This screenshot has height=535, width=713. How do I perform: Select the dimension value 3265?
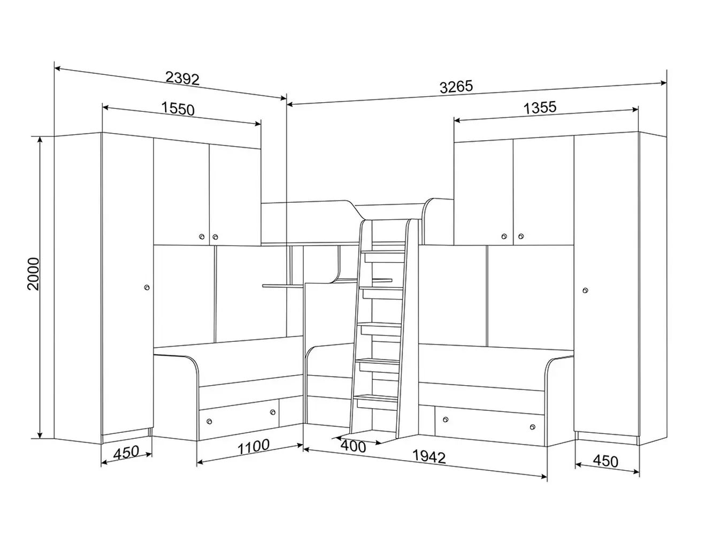tap(456, 87)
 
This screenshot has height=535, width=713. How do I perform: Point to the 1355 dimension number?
tap(540, 108)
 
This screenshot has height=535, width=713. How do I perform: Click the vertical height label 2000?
tap(34, 273)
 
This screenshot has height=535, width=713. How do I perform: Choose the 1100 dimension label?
tap(254, 447)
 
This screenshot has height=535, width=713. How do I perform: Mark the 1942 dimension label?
tap(429, 457)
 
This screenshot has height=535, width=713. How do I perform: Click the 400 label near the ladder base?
tap(353, 447)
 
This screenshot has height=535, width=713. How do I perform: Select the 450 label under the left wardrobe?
tap(126, 452)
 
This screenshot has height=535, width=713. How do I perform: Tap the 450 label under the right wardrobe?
tap(605, 461)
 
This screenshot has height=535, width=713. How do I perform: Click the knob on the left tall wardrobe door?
tap(147, 287)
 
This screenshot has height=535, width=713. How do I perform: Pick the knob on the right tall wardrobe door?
tap(585, 290)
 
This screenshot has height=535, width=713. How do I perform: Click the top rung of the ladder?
tap(384, 252)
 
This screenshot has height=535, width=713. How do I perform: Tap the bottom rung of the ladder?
tap(376, 397)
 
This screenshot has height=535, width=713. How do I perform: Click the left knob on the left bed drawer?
tap(209, 422)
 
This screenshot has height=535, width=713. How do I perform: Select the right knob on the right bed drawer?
tap(532, 427)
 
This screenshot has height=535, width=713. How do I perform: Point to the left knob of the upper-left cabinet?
tap(202, 236)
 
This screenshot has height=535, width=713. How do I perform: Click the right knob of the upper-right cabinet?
tap(521, 236)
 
